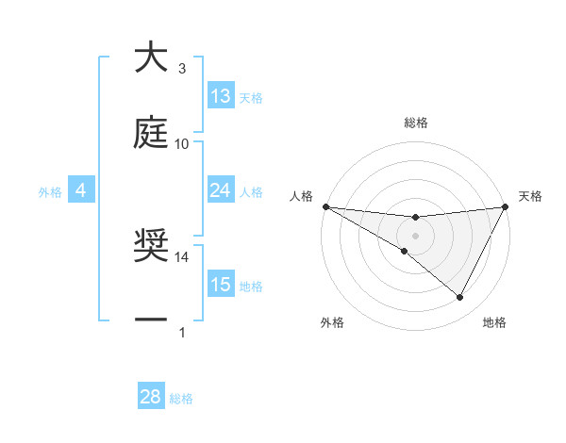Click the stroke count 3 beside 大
point(182,69)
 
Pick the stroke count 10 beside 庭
point(182,143)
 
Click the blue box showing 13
point(221,96)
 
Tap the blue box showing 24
point(221,190)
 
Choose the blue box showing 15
point(221,285)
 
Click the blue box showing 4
point(81,190)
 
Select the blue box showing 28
point(151,397)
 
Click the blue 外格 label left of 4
point(50,191)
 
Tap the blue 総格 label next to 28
point(181,399)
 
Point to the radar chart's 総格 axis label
point(416,123)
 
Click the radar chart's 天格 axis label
point(531,196)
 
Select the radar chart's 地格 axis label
point(494,322)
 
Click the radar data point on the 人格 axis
point(325,206)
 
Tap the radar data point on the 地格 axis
point(460,298)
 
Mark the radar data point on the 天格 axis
point(506,206)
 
